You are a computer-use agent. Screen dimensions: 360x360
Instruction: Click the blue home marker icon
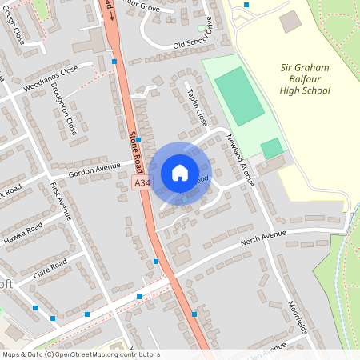(x=179, y=173)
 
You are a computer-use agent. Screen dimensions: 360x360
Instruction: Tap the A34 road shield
(x=142, y=184)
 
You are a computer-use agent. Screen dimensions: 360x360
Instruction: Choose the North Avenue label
(x=263, y=238)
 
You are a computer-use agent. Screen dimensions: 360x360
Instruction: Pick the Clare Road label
(x=50, y=270)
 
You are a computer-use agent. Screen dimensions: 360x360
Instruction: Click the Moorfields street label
(x=298, y=316)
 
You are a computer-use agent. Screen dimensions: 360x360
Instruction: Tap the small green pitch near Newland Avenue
(x=272, y=148)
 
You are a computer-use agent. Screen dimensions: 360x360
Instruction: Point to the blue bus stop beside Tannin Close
(x=138, y=139)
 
